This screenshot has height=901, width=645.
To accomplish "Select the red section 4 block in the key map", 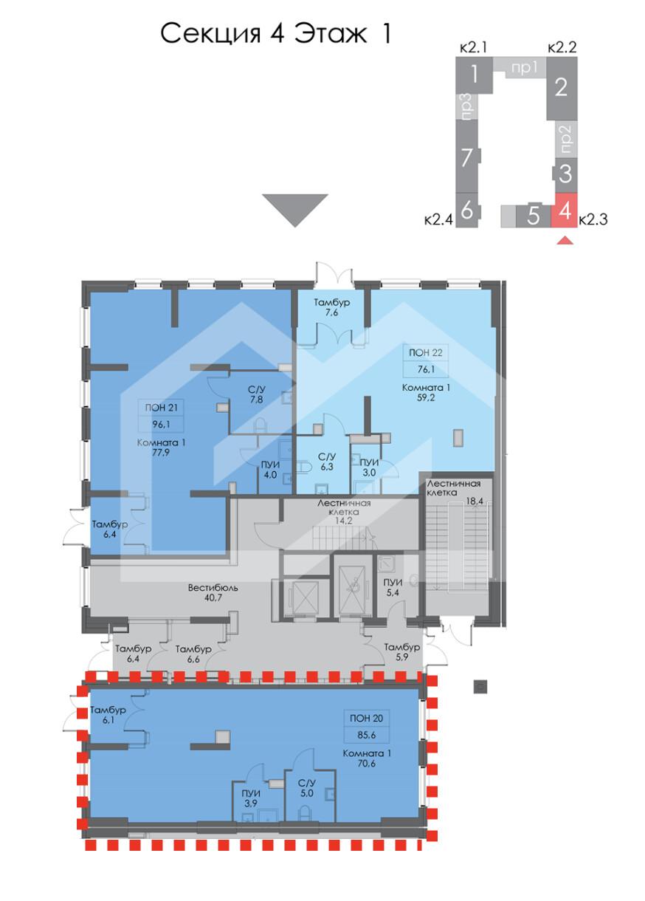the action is [566, 210].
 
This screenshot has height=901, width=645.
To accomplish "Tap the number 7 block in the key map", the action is [467, 157].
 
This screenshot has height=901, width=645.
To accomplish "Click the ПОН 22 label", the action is [425, 353].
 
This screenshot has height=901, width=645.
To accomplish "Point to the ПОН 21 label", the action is [161, 408].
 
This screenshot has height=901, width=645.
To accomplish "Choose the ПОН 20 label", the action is [366, 718].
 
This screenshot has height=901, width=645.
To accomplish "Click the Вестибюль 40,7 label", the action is [213, 592].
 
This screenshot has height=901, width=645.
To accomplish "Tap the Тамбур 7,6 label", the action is [331, 307].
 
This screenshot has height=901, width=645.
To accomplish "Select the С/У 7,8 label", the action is [257, 394].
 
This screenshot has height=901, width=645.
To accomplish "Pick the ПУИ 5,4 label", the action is [393, 587].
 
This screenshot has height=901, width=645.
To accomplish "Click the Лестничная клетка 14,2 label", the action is [344, 512].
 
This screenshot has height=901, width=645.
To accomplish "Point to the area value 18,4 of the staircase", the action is [475, 501].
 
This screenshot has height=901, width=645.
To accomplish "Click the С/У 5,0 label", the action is [306, 788].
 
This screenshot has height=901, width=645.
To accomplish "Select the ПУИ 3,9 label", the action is [251, 798].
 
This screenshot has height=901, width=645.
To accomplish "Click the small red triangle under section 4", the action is [565, 241].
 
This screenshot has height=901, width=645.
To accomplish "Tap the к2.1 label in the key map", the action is [473, 48].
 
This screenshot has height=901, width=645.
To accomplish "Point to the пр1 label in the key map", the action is [525, 69].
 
